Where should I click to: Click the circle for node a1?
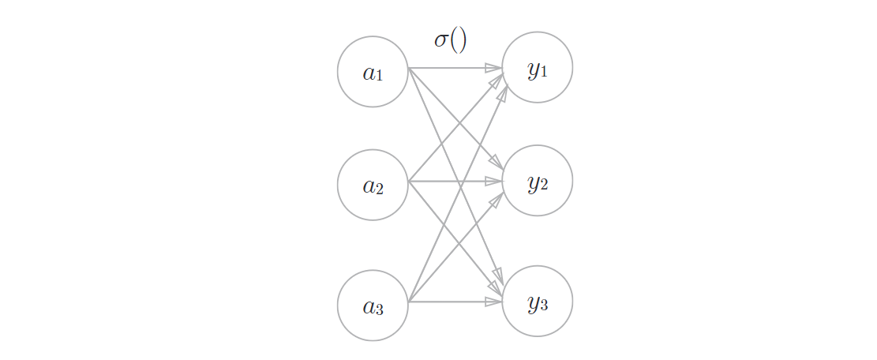(373, 72)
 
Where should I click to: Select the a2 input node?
(373, 186)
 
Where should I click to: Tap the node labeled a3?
(373, 306)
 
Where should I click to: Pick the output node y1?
(538, 68)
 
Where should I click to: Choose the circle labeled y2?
(538, 181)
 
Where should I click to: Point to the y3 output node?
(538, 302)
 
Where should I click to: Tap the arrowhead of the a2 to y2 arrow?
(497, 181)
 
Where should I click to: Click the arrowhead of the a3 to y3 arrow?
(497, 302)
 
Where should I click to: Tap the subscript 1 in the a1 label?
(379, 76)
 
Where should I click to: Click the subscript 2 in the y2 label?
(544, 186)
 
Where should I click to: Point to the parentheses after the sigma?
(459, 40)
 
